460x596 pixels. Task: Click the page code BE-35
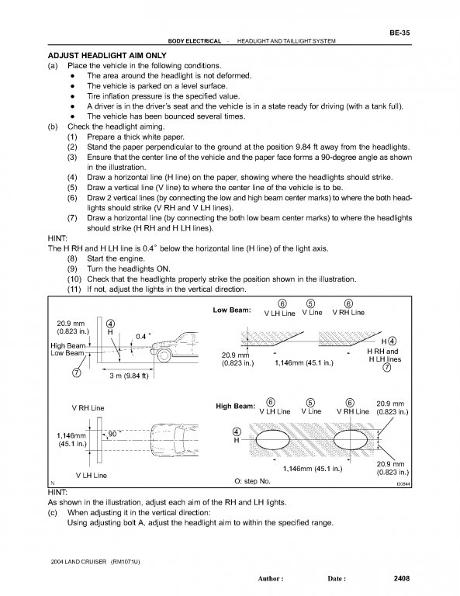point(399,33)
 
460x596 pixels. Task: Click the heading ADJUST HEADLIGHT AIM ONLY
point(107,56)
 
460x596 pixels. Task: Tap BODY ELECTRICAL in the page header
point(194,41)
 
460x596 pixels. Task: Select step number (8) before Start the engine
point(72,258)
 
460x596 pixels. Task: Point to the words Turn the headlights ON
point(129,269)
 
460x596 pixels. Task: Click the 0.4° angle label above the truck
point(143,336)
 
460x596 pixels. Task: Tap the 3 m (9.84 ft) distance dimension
point(129,376)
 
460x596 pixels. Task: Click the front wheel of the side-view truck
point(164,355)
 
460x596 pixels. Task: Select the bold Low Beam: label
point(232,310)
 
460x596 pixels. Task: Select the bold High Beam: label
point(236,406)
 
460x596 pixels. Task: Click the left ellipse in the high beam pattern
point(273,440)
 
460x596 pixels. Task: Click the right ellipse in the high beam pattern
point(351,440)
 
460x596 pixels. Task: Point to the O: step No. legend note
point(253,481)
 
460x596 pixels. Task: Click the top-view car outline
point(175,440)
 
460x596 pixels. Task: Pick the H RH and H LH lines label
point(385,355)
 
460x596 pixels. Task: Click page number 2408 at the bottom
point(402,578)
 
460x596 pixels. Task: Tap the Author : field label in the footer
point(271,579)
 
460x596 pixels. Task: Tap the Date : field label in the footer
point(337,579)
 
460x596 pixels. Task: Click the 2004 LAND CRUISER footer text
point(78,562)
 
